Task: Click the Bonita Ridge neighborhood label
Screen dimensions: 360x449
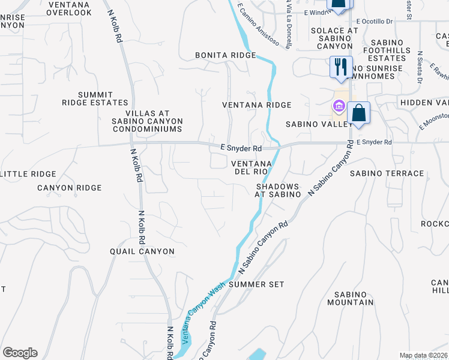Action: tap(225, 55)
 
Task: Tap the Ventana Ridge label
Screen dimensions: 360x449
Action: tap(256, 105)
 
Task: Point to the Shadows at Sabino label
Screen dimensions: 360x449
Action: tap(278, 191)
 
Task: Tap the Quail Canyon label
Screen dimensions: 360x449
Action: tap(142, 251)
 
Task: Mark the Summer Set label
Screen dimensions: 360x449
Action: tap(256, 284)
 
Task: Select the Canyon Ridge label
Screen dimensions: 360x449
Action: tap(69, 188)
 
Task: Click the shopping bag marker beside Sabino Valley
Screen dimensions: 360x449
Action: tap(358, 113)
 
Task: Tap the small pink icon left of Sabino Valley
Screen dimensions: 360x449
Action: tap(338, 107)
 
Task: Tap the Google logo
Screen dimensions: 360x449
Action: tap(20, 353)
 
